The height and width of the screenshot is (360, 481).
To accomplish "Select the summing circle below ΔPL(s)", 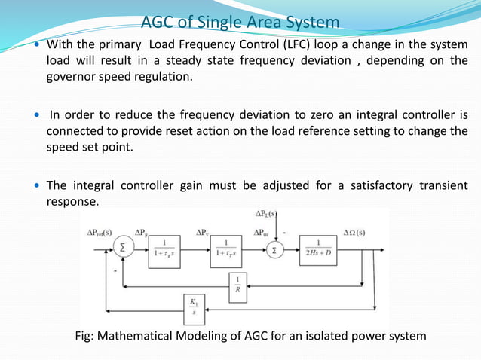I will coord(277,249).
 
